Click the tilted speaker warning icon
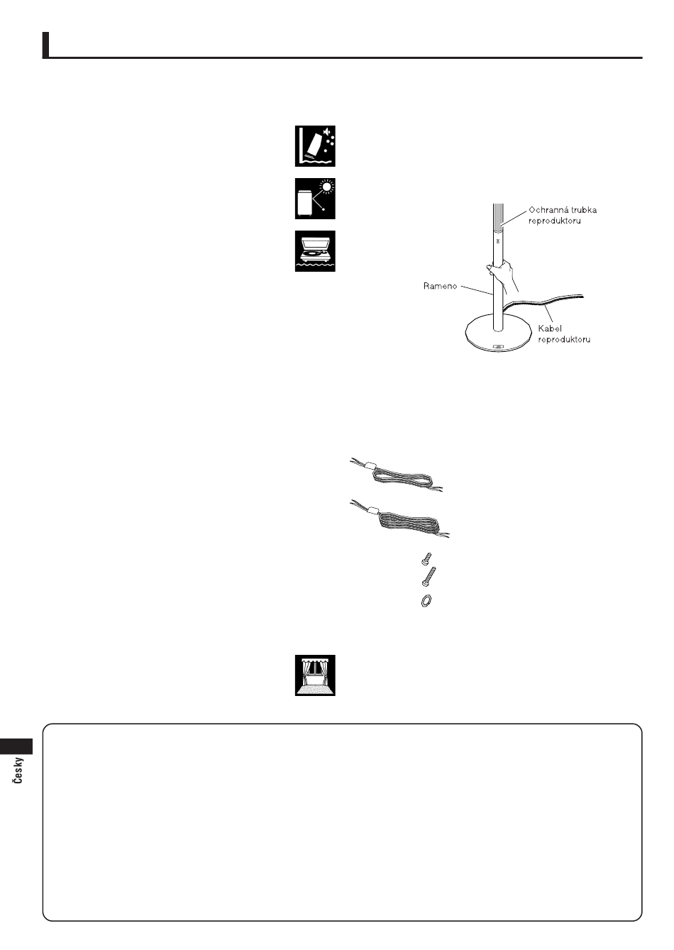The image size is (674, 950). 315,146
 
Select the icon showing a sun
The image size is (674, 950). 315,199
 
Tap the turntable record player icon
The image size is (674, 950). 315,251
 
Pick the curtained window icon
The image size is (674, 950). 315,675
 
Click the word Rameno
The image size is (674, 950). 441,286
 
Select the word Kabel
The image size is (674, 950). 550,328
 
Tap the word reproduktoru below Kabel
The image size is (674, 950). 564,339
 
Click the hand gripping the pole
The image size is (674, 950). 504,274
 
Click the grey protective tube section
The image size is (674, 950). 498,216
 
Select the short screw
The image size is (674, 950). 426,558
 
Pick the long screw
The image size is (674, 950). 429,576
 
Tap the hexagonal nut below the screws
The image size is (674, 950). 426,600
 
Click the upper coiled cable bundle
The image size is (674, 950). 396,475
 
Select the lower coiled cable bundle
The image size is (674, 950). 399,520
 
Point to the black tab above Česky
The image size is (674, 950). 16,746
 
